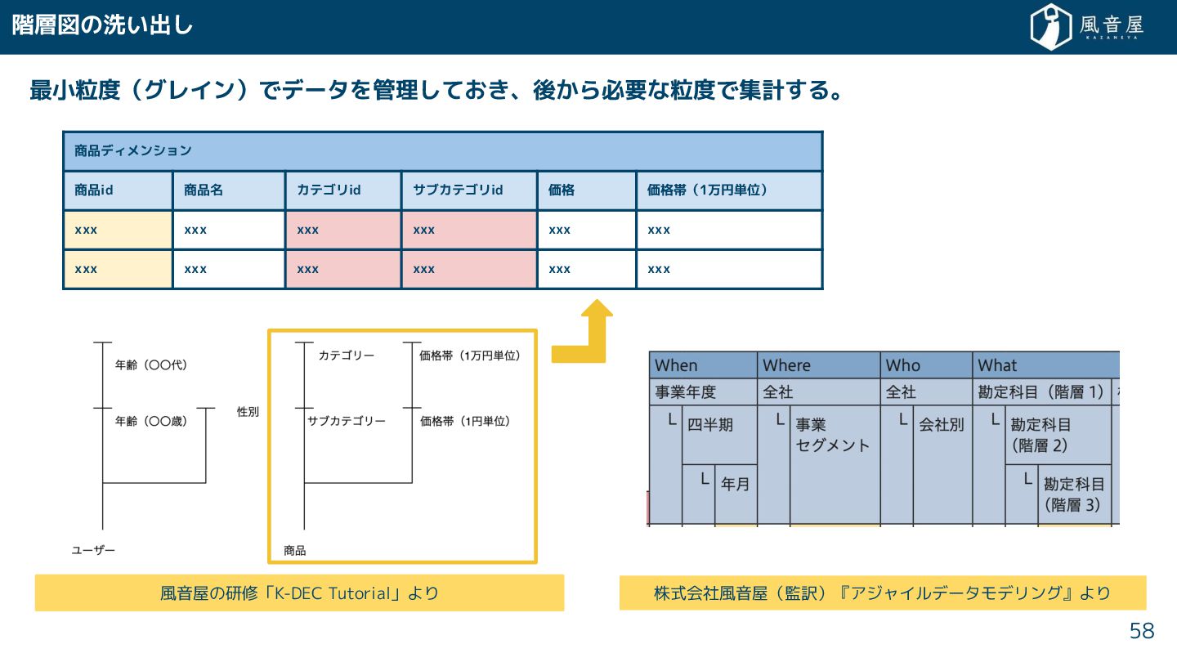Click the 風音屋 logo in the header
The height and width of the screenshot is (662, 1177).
[1086, 27]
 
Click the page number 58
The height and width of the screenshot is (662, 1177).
[1142, 631]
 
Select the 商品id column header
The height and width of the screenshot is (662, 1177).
[93, 190]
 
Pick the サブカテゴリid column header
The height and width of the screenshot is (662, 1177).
[458, 190]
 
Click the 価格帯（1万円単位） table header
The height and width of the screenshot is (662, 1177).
[707, 190]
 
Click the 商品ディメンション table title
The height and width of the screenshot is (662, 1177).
[133, 150]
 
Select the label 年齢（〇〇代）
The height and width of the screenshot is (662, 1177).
[151, 365]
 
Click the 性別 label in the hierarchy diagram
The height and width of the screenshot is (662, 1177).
[248, 412]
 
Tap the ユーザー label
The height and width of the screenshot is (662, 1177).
[93, 550]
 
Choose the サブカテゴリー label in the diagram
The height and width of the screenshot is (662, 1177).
[347, 421]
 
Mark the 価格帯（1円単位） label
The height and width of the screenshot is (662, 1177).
[465, 421]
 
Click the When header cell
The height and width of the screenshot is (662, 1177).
[677, 365]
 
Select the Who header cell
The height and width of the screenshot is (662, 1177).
[903, 365]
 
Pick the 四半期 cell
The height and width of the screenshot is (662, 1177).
[710, 425]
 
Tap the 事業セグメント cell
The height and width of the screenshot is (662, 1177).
[832, 435]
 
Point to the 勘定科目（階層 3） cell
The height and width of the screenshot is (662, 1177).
[1073, 494]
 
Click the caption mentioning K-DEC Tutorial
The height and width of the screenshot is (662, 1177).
[299, 593]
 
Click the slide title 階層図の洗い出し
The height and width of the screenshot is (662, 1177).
[102, 25]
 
